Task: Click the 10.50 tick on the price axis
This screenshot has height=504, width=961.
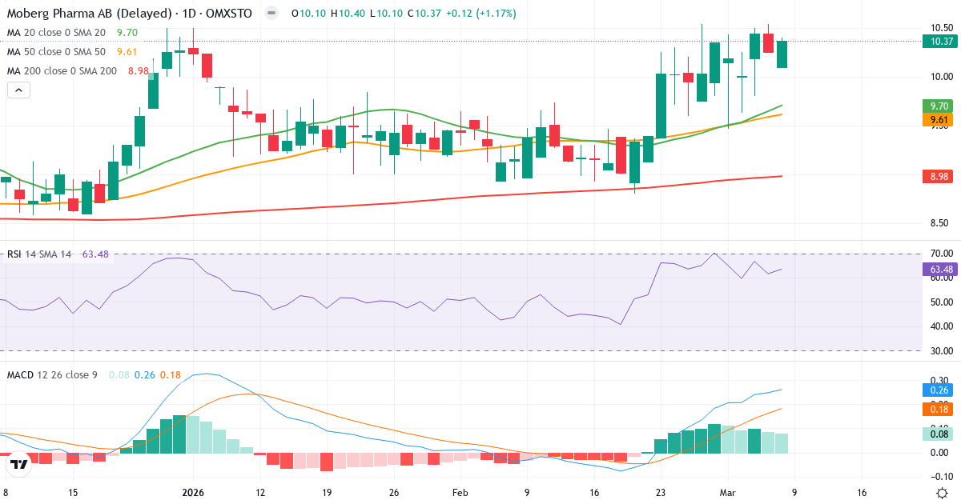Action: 940,27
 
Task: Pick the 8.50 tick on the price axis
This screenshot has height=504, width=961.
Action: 940,223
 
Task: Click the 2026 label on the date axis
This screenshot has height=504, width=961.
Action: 193,493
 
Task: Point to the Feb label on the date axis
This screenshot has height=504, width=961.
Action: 459,493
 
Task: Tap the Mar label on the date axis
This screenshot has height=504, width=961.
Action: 727,493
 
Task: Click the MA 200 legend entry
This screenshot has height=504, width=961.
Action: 62,71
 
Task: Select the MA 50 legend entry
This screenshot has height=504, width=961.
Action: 56,52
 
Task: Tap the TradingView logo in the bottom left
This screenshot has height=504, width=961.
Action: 19,463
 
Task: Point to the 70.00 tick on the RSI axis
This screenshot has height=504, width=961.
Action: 940,254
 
